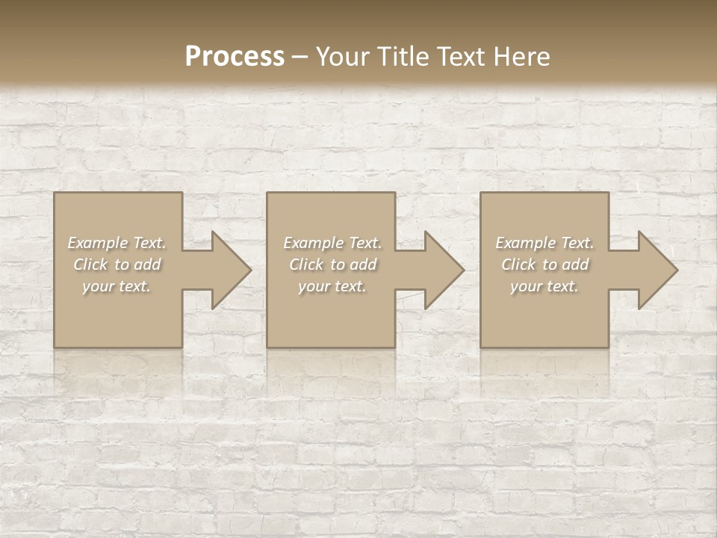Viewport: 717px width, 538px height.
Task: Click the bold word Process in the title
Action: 235,57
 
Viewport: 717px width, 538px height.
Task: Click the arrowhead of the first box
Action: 229,270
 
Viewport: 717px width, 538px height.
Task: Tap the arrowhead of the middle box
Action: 441,270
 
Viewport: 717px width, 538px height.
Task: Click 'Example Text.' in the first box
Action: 117,243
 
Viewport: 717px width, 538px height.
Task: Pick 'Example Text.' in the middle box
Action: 332,243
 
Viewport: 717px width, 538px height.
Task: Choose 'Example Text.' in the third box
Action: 544,243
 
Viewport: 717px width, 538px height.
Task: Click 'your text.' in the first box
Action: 117,286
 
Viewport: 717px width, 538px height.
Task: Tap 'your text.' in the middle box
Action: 332,286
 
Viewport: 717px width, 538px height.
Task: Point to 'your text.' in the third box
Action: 544,286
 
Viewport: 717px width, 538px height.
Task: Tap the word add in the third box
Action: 576,265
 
